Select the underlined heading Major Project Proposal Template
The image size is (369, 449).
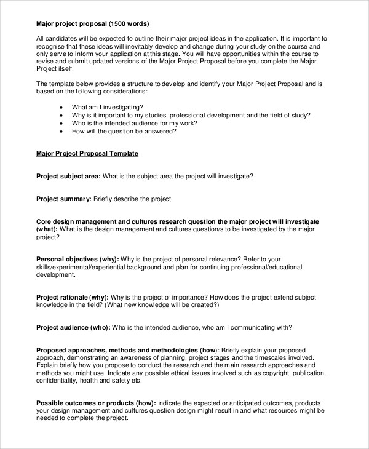87,153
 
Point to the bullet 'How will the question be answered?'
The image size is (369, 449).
124,131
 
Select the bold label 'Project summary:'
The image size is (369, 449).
64,199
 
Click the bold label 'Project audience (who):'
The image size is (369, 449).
73,327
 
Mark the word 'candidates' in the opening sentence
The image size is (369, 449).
61,38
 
